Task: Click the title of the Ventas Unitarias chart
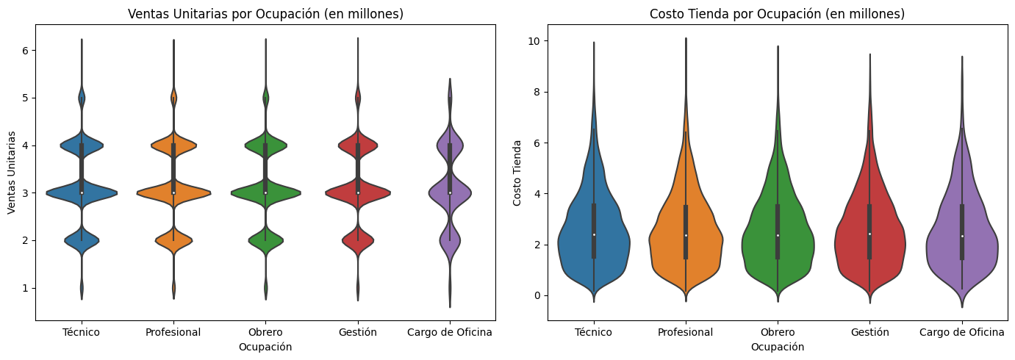click(x=265, y=14)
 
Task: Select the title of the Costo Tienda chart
click(x=777, y=14)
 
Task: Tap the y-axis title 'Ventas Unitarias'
click(x=12, y=173)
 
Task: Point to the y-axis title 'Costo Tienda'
click(x=517, y=173)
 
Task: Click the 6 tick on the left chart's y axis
click(x=24, y=51)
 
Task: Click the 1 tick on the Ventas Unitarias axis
click(x=24, y=288)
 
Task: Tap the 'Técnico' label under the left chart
click(x=82, y=333)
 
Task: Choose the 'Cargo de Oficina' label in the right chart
click(x=961, y=333)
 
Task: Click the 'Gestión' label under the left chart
click(x=358, y=333)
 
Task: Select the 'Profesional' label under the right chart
click(x=685, y=333)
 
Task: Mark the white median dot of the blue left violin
click(x=82, y=192)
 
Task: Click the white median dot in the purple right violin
click(x=961, y=236)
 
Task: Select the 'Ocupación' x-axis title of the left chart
click(x=265, y=347)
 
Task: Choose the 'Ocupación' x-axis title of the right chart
click(x=777, y=347)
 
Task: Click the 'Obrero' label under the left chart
click(x=265, y=333)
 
